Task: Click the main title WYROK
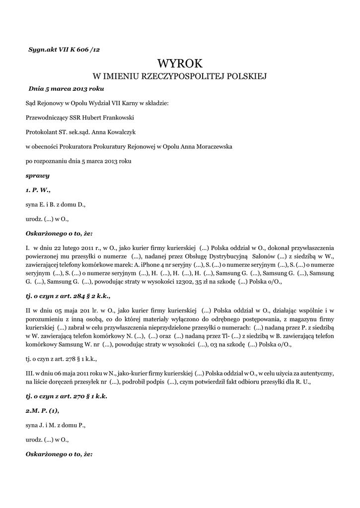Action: coord(180,63)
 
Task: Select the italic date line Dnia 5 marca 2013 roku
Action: coord(66,89)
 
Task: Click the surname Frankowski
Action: coord(118,118)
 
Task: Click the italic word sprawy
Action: coord(38,176)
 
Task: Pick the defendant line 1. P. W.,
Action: coord(38,190)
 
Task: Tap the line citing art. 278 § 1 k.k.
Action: coord(61,358)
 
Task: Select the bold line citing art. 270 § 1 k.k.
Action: coord(67,396)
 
